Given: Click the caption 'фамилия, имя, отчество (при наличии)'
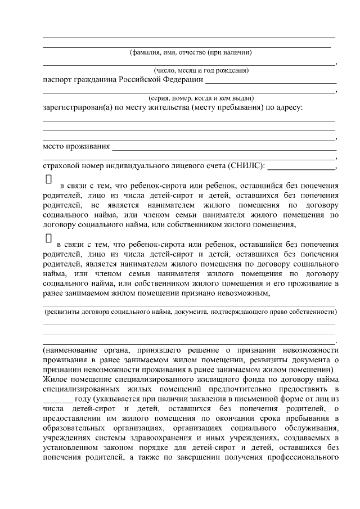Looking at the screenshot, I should [x=190, y=53].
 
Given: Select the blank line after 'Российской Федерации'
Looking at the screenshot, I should [x=270, y=82].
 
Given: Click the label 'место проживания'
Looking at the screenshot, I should [x=76, y=147].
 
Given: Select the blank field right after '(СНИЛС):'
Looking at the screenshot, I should [x=304, y=167].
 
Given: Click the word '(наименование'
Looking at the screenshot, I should [x=70, y=350].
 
